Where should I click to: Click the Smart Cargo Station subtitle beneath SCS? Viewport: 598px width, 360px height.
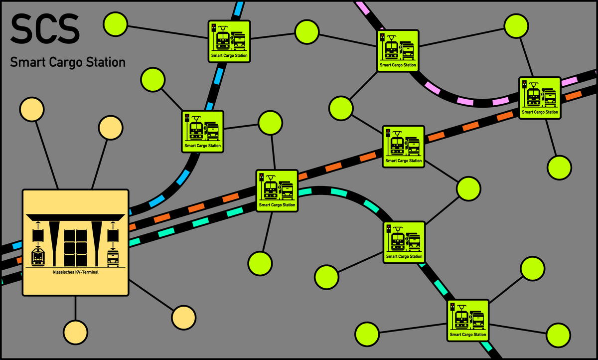(x=67, y=62)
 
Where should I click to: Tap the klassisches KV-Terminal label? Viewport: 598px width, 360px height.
(x=76, y=272)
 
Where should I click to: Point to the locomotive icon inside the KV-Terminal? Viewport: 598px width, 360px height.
(x=38, y=257)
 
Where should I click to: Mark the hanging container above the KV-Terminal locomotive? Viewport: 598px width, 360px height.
(x=38, y=235)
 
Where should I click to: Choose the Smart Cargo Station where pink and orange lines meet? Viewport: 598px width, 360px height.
(x=540, y=98)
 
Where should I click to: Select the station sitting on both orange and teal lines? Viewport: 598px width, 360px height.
(x=277, y=191)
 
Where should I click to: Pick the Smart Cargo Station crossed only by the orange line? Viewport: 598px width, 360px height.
(x=404, y=146)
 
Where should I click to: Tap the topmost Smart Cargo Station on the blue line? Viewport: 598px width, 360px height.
(x=229, y=41)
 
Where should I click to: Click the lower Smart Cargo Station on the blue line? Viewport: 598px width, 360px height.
(x=202, y=131)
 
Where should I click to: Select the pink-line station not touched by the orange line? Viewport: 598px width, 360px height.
(x=398, y=50)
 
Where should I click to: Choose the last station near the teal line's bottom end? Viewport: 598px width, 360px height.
(x=467, y=320)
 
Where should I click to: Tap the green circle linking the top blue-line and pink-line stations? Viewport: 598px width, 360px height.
(x=307, y=32)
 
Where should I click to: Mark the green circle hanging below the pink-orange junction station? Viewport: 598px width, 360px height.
(x=559, y=167)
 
